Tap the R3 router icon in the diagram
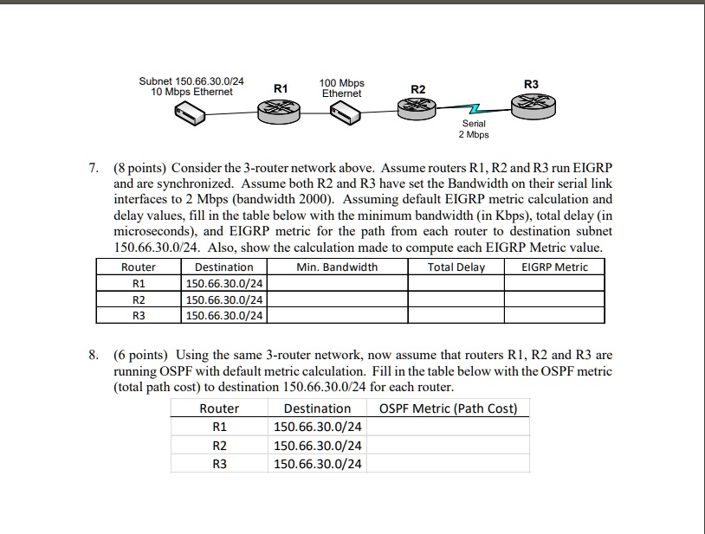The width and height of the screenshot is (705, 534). coord(530,106)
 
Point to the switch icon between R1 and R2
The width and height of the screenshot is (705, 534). coord(348,112)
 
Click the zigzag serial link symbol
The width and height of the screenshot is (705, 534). coord(473,110)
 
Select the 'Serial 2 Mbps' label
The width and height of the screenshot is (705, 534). coord(474,129)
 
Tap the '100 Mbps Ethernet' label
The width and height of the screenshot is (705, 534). coord(341,87)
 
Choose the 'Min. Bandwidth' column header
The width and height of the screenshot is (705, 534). coord(337,267)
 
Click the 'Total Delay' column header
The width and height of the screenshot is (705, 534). coord(456,267)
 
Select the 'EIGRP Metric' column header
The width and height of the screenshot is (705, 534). coord(554,267)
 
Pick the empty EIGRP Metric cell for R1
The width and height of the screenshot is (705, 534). coord(554,283)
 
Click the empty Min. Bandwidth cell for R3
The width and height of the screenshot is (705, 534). coord(337,316)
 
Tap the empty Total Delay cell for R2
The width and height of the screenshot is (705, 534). coord(456,299)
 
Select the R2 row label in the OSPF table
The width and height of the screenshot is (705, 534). coord(219,446)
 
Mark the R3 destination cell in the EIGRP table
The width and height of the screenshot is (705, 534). coord(224,316)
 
